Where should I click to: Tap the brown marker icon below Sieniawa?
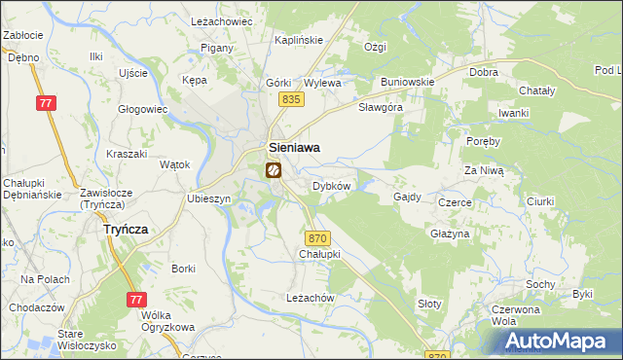click(273, 170)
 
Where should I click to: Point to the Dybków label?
click(331, 186)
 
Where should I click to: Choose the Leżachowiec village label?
click(221, 20)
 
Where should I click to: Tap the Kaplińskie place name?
click(298, 40)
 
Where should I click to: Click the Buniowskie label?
click(407, 82)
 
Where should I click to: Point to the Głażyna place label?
click(450, 234)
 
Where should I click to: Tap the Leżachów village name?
click(311, 298)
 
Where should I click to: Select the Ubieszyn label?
click(208, 198)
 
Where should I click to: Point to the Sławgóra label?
click(381, 107)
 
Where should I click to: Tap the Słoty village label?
click(429, 304)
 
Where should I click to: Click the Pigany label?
click(215, 48)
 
